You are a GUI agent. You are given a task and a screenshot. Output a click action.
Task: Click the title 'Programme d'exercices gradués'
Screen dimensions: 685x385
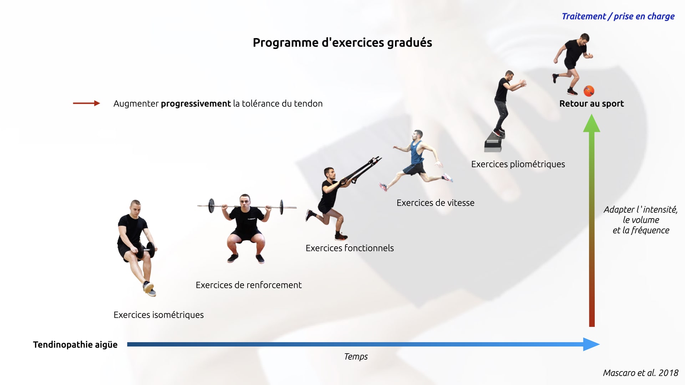pyautogui.click(x=342, y=43)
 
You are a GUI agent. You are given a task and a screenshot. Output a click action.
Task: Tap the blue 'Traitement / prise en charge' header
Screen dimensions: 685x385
pyautogui.click(x=618, y=16)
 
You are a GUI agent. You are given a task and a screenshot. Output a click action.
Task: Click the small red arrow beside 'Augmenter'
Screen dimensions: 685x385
pyautogui.click(x=86, y=103)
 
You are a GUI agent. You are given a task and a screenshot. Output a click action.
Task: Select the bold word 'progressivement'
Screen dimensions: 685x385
pyautogui.click(x=196, y=104)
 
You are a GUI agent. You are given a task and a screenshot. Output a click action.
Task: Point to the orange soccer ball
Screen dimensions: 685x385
pyautogui.click(x=589, y=91)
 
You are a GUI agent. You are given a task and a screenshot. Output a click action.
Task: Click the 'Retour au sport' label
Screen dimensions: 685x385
pyautogui.click(x=592, y=104)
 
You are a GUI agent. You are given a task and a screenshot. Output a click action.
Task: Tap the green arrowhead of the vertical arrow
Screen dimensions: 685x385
pyautogui.click(x=592, y=123)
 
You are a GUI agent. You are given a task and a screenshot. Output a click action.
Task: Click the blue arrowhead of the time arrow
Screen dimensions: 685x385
pyautogui.click(x=592, y=344)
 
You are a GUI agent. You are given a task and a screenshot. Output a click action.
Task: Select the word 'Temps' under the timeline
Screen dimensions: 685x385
pyautogui.click(x=356, y=356)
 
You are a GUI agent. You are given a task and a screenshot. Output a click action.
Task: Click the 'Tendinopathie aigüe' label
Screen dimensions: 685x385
pyautogui.click(x=75, y=345)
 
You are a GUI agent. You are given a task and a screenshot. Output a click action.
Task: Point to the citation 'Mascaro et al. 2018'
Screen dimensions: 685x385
pyautogui.click(x=640, y=373)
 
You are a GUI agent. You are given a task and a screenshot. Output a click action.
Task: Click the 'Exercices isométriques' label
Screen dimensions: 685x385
pyautogui.click(x=158, y=315)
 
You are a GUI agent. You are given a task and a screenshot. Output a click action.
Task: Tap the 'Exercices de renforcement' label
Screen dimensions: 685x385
pyautogui.click(x=249, y=285)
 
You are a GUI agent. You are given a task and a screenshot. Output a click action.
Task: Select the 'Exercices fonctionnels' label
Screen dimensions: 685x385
pyautogui.click(x=350, y=248)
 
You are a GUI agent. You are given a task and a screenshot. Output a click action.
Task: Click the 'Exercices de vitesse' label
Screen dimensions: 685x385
pyautogui.click(x=435, y=203)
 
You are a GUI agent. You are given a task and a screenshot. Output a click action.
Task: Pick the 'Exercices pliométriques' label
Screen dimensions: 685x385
pyautogui.click(x=518, y=164)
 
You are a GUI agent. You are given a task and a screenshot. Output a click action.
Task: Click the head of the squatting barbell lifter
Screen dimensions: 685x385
pyautogui.click(x=244, y=202)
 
